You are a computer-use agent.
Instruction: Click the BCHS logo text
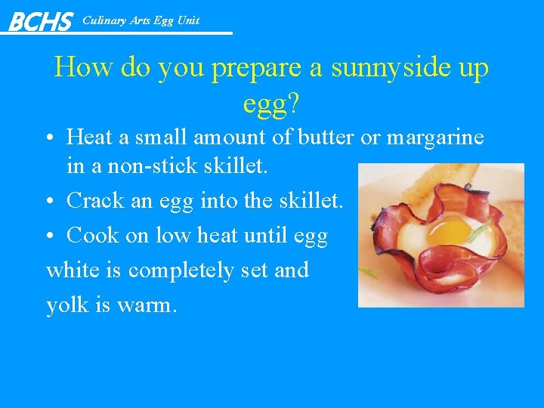coord(40,21)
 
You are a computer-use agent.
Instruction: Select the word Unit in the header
coord(188,20)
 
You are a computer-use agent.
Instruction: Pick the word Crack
coord(94,201)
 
